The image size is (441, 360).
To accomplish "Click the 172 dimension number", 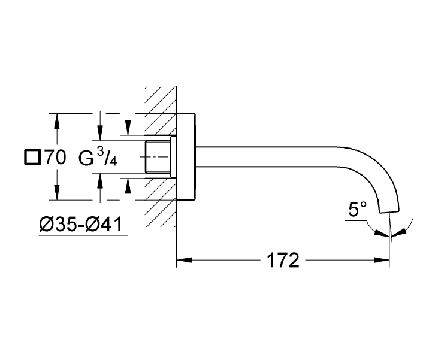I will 282,261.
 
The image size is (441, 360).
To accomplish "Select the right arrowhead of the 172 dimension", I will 383,261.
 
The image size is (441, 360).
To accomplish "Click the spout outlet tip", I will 389,209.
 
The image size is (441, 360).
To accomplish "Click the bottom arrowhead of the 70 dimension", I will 57,195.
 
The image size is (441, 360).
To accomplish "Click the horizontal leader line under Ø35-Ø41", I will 84,235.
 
